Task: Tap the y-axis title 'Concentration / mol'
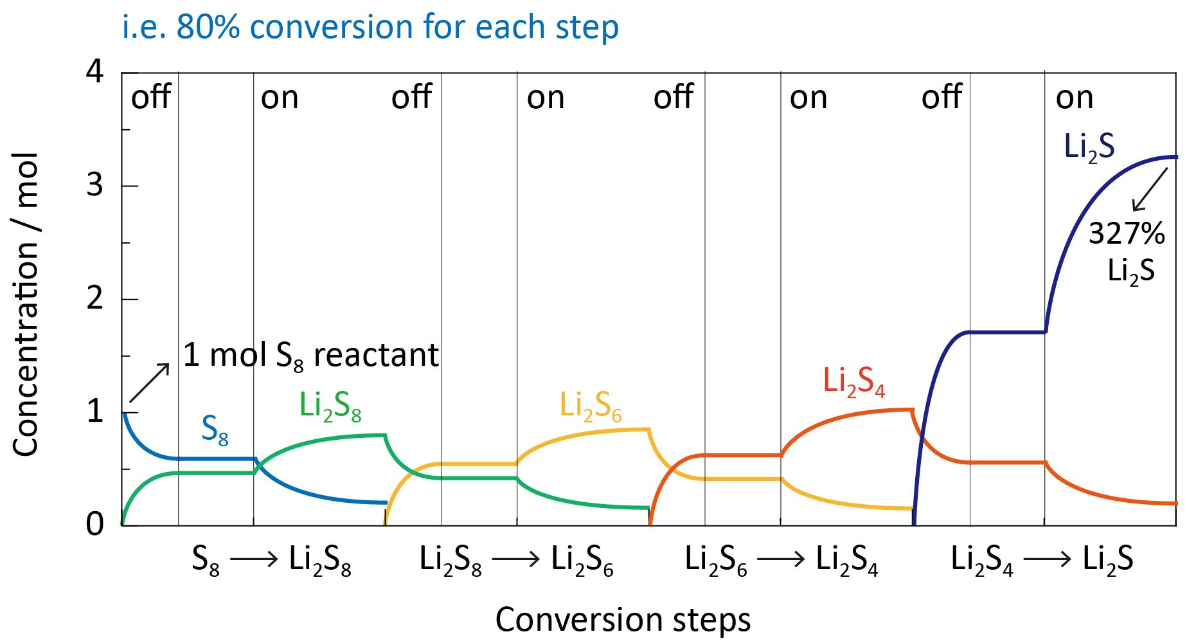26,304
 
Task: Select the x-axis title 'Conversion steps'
622,620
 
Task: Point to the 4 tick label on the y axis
94,71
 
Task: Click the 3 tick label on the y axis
94,185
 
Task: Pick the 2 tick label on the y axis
94,298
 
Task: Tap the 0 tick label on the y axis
94,524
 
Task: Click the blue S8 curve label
215,429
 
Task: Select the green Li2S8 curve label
330,406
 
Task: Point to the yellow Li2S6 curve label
590,406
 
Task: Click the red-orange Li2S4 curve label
853,381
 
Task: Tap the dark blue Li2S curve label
1089,147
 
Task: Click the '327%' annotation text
1126,233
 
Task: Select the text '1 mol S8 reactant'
310,355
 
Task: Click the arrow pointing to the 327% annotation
1149,190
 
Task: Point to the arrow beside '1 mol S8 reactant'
149,383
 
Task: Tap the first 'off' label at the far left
150,98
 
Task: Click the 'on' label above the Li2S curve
1074,98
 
